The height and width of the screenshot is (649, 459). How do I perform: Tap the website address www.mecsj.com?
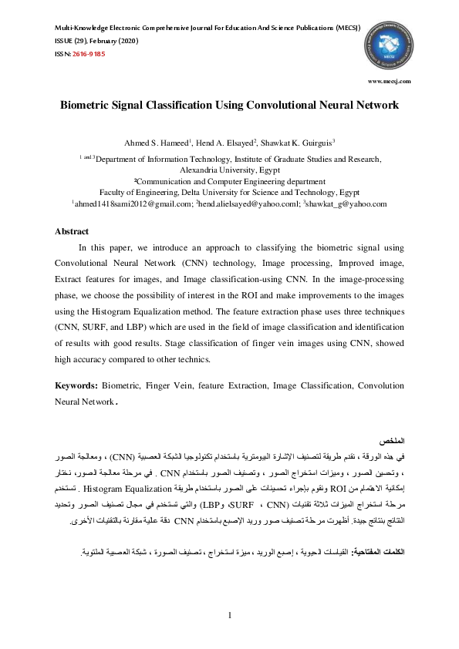coord(390,80)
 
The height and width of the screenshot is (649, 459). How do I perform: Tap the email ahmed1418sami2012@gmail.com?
coord(132,204)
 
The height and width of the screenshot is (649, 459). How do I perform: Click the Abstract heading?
coord(72,231)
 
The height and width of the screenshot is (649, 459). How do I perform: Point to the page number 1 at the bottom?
coord(229,614)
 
